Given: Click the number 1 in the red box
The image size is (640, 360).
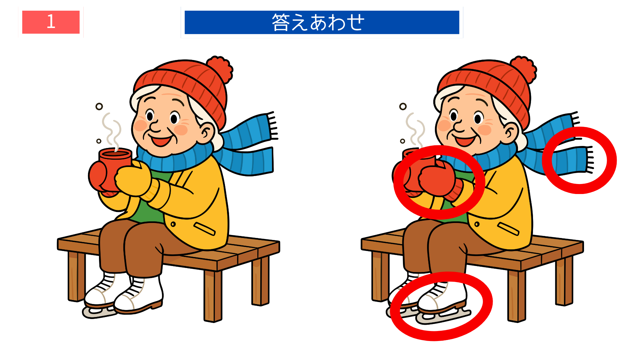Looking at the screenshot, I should pyautogui.click(x=51, y=22).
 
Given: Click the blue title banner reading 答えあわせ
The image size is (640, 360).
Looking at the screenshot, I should pyautogui.click(x=322, y=22).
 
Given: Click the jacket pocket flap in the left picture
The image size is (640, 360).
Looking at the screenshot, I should pyautogui.click(x=204, y=229).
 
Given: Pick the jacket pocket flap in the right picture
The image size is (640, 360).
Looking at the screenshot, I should pyautogui.click(x=508, y=229).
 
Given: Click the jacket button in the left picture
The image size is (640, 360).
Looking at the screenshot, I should pyautogui.click(x=173, y=224).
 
